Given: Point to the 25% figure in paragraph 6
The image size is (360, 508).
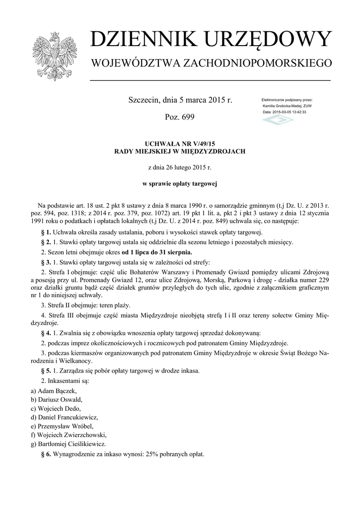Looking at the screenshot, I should pyautogui.click(x=152, y=454).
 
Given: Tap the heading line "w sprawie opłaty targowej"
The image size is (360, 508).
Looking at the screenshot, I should pyautogui.click(x=180, y=184).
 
